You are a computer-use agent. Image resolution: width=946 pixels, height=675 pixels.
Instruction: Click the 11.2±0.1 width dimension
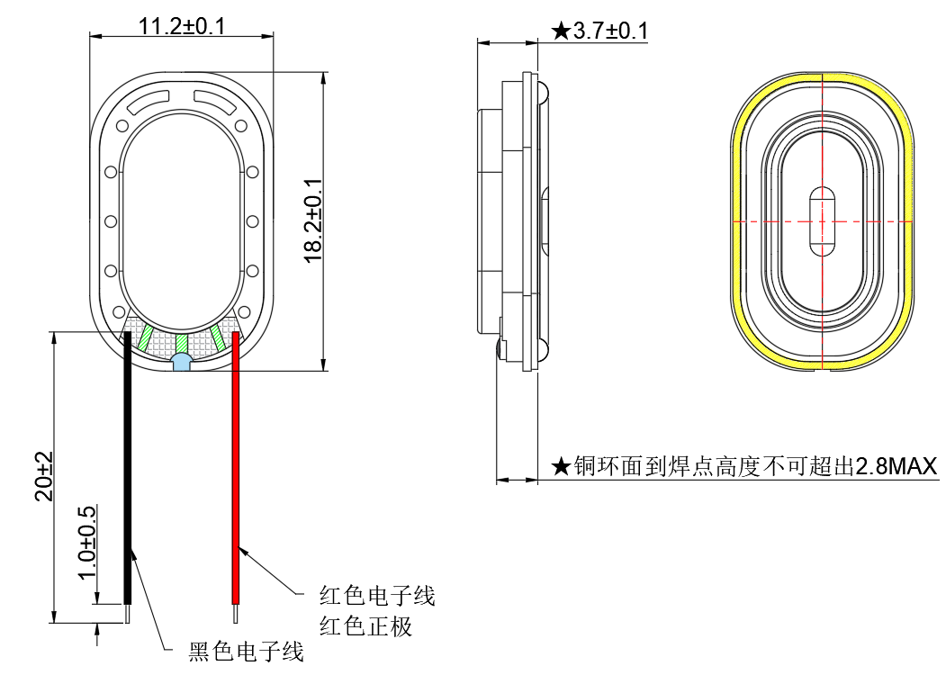point(182,24)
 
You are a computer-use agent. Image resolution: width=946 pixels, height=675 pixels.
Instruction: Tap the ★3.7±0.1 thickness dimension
point(599,31)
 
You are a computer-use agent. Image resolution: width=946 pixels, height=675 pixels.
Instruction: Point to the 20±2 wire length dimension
point(44,476)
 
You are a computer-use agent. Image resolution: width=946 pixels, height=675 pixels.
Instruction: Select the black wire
point(129,468)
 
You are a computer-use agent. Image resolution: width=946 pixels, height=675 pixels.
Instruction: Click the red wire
point(237,468)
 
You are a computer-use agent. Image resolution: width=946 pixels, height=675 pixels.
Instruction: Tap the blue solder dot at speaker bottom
point(181,363)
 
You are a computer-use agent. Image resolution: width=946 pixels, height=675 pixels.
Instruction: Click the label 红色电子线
point(377,595)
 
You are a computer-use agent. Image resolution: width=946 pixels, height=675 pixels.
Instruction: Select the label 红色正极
point(365,625)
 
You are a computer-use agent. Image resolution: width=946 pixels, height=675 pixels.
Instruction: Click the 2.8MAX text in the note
point(896,466)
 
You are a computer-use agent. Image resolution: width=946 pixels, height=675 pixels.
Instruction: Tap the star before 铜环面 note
point(561,466)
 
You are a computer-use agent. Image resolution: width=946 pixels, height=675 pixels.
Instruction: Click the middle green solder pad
point(181,343)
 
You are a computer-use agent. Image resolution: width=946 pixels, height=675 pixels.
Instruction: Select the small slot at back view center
point(823,220)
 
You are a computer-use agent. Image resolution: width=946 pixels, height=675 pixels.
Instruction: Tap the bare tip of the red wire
point(237,614)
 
